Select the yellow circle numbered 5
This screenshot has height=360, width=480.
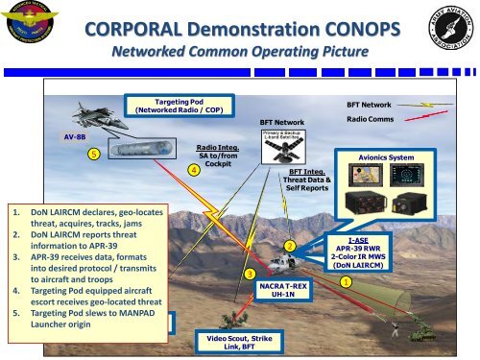[92, 154]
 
